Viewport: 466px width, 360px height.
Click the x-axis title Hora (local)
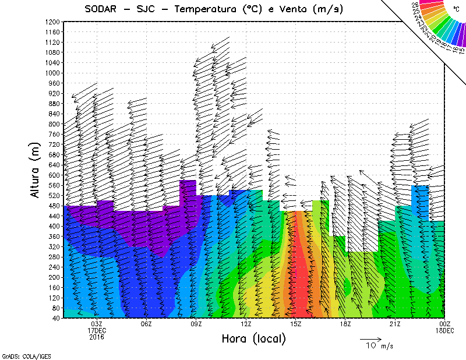253,338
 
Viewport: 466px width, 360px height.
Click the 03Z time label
97,324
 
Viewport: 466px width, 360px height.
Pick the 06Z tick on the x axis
146,324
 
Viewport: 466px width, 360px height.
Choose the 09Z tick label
196,324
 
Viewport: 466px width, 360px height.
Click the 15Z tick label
296,324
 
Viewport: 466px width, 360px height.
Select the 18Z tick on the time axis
345,324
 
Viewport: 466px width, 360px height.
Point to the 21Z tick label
395,324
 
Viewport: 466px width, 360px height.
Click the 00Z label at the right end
445,324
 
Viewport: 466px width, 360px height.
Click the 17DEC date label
97,330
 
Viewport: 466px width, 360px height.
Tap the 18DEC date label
445,330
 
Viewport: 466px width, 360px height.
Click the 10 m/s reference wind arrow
370,338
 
